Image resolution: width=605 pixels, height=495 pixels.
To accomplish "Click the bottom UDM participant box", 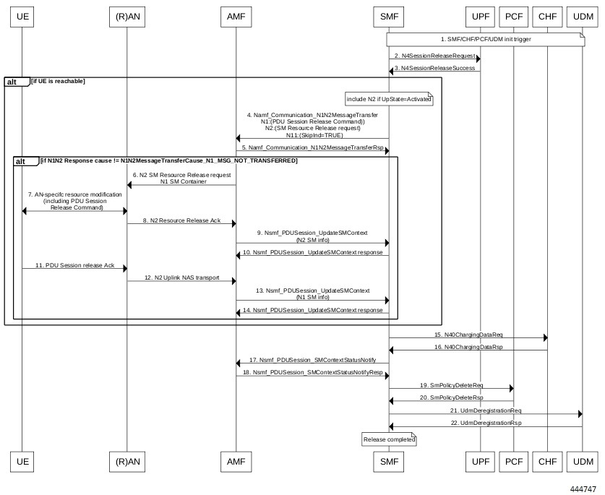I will (582, 460).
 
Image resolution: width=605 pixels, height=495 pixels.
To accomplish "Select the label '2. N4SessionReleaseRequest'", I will (434, 56).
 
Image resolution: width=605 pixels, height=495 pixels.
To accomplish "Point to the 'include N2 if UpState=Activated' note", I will (389, 98).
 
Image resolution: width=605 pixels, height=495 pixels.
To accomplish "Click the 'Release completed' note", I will (389, 439).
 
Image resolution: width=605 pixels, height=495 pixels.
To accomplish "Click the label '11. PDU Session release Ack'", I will (74, 265).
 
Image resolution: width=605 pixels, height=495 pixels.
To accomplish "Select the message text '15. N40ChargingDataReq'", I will (468, 335).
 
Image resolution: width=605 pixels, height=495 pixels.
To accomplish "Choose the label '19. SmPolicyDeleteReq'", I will (451, 385).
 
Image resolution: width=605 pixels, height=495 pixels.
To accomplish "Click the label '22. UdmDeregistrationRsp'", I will (485, 423).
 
